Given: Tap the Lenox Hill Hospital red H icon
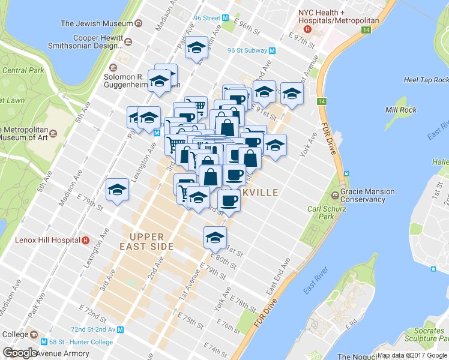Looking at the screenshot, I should tap(85, 241).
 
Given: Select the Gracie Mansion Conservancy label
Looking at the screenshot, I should tap(367, 196).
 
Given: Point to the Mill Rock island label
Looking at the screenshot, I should tap(401, 110).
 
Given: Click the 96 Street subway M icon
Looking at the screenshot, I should tap(226, 18).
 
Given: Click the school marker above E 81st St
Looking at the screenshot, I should tap(215, 238).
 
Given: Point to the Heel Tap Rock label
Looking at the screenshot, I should tap(426, 80).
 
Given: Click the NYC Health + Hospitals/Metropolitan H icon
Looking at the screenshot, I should tap(307, 28).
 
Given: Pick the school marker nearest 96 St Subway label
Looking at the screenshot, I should tap(196, 48).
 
